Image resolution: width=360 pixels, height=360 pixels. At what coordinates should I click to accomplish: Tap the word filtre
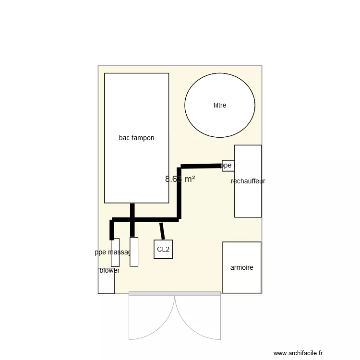coord(220,105)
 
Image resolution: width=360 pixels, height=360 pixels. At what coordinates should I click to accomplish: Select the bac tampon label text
coord(137,138)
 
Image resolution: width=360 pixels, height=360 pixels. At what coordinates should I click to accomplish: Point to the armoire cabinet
coord(242,281)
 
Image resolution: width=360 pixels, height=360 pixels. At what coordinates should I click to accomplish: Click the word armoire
coord(242,268)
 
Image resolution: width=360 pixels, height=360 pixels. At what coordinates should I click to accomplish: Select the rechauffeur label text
coord(248,181)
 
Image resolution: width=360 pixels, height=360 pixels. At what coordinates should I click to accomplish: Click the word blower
coord(110,271)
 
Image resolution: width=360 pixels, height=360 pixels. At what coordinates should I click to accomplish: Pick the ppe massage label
coord(113,252)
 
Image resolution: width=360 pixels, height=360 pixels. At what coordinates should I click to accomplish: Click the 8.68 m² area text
coord(180,179)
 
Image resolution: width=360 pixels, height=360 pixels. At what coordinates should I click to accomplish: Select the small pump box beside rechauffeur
coord(228,166)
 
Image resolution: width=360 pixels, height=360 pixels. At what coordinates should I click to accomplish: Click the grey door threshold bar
coord(175,293)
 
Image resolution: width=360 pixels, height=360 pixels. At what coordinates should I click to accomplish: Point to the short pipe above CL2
coord(162,231)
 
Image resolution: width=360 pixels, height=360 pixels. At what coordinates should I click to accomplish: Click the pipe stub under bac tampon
coord(132,211)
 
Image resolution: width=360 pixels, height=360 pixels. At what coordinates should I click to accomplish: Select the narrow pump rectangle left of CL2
coord(134,252)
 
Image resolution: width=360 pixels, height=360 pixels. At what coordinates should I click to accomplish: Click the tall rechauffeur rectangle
coord(248,202)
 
